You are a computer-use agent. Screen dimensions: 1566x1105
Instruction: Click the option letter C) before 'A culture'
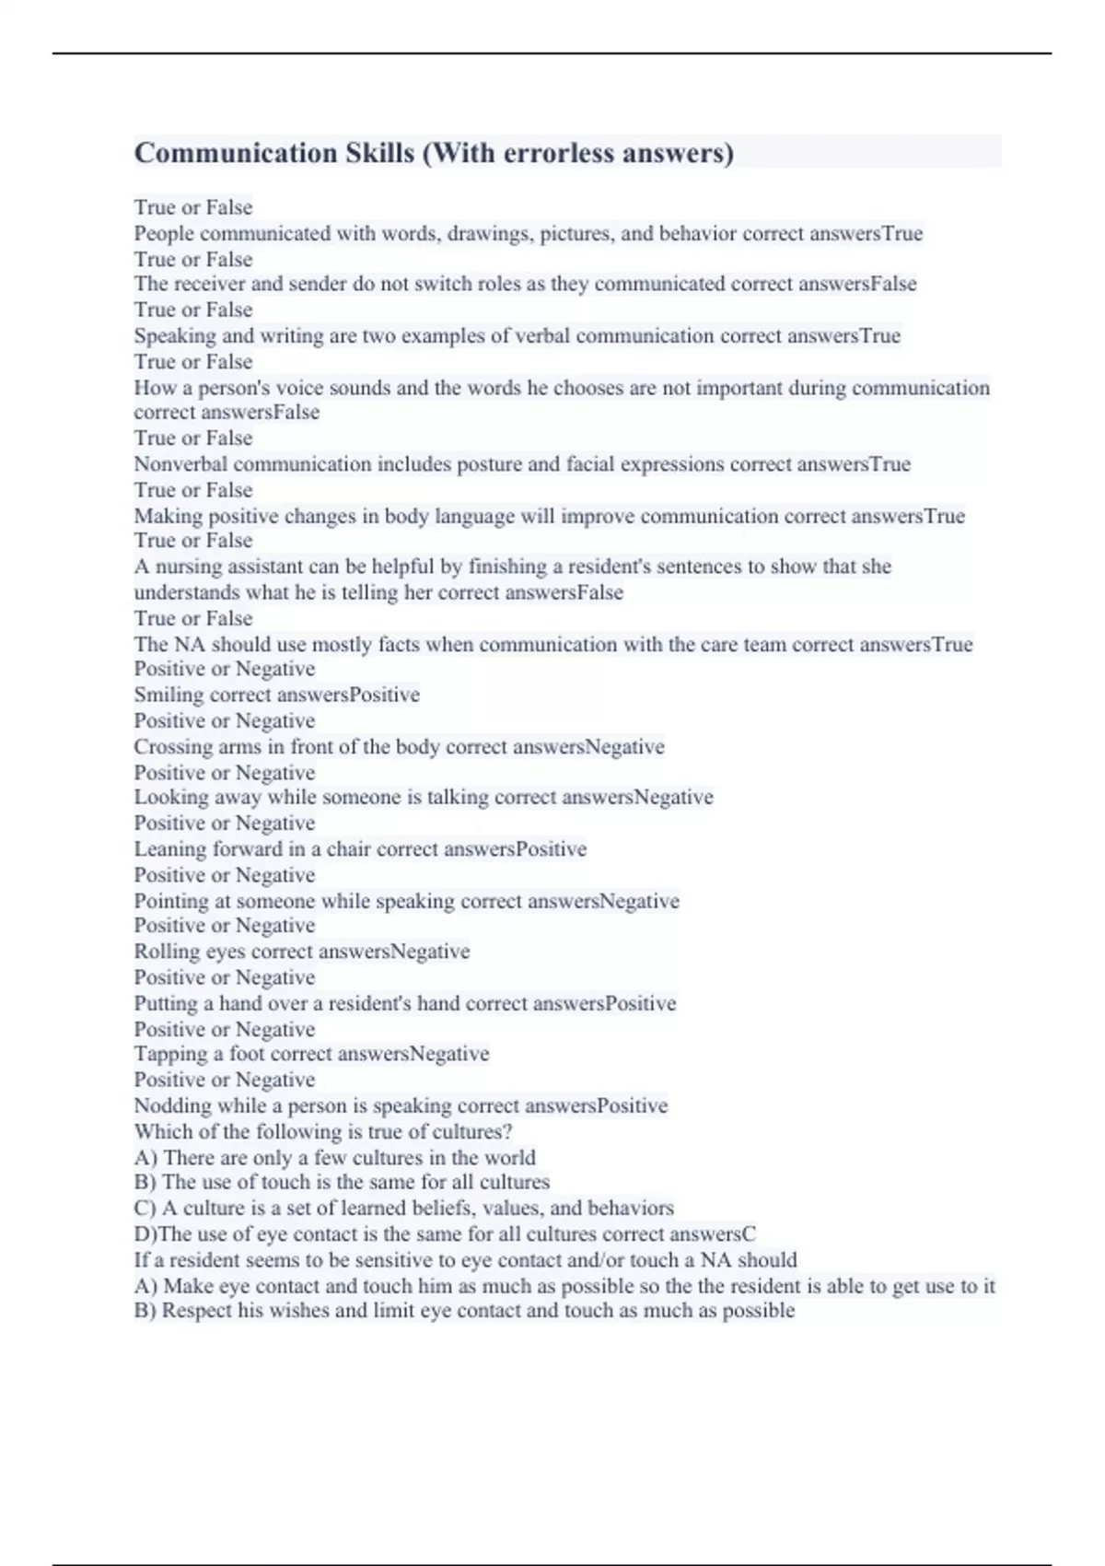(x=145, y=1209)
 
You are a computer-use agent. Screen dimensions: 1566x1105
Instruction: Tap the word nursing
(x=191, y=567)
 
